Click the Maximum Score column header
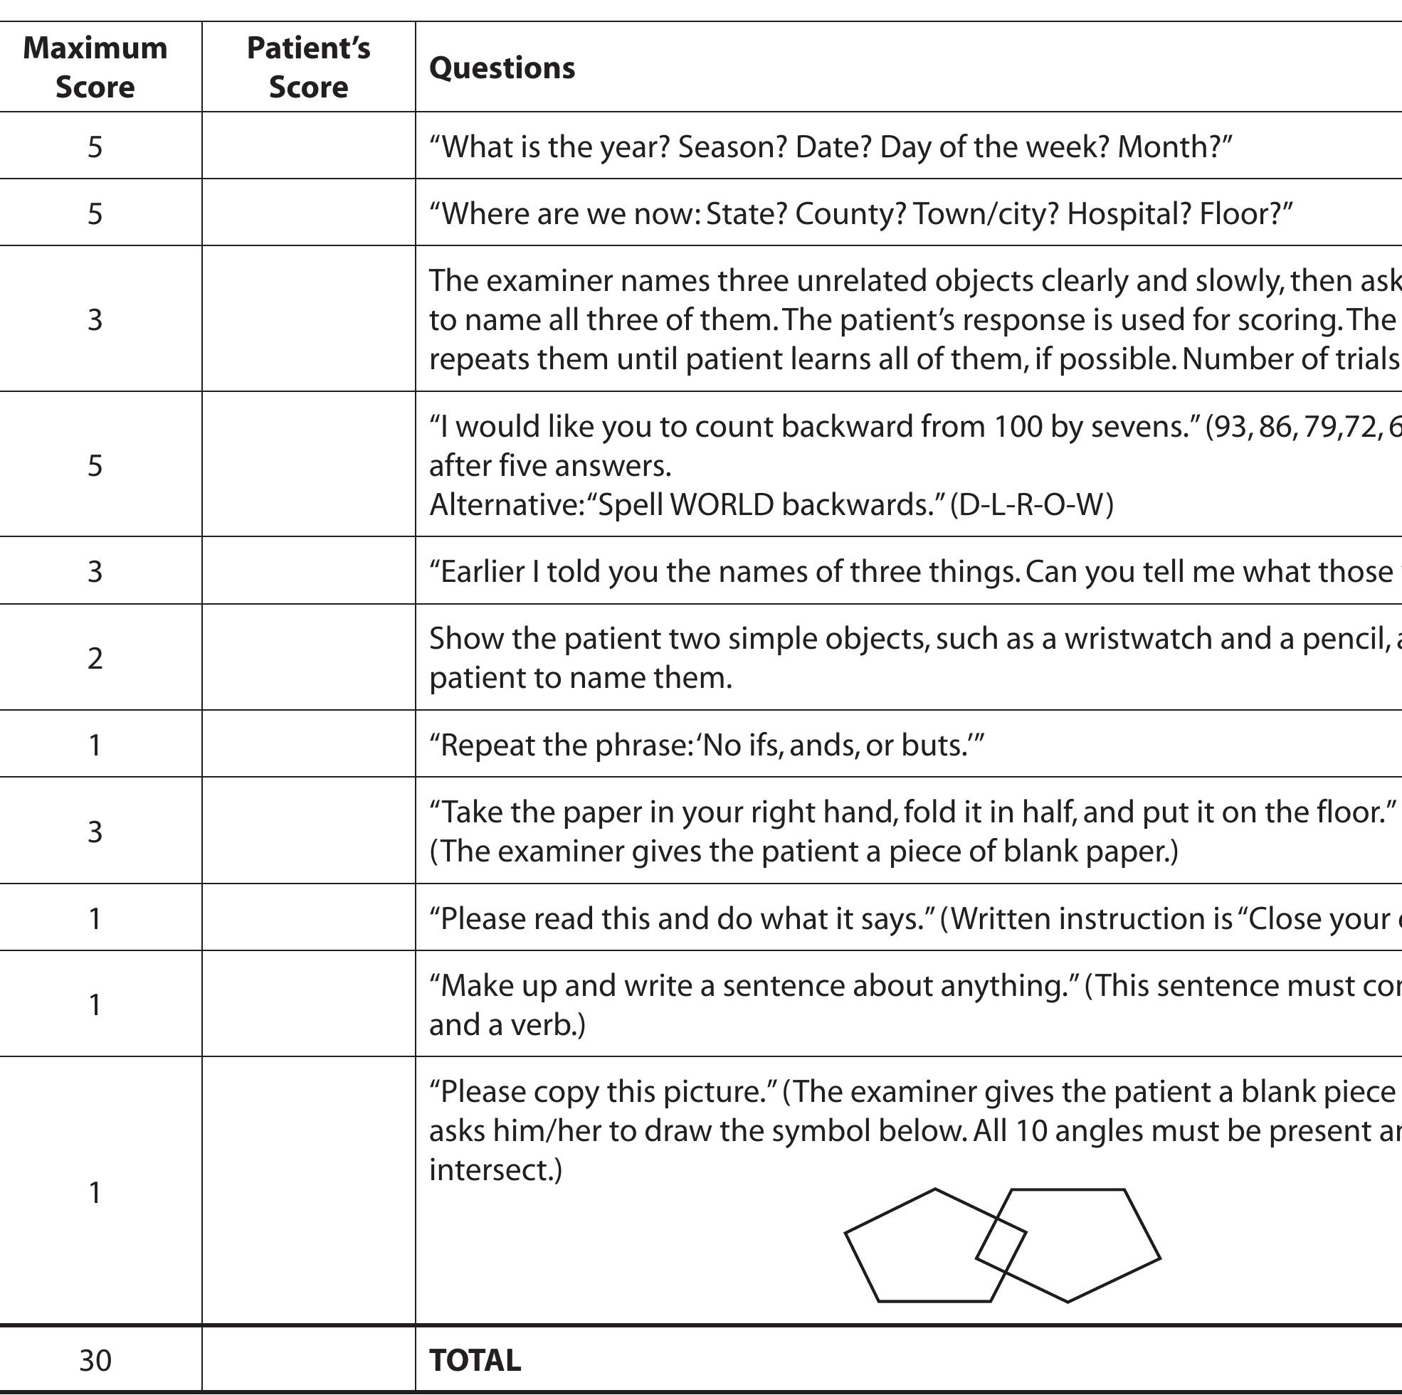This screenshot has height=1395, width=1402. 95,68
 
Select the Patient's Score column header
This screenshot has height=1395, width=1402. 308,68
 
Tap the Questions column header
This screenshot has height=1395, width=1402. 502,68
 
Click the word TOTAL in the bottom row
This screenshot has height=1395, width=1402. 475,1360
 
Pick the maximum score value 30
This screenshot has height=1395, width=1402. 95,1361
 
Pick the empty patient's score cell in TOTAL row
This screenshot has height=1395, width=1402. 308,1361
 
